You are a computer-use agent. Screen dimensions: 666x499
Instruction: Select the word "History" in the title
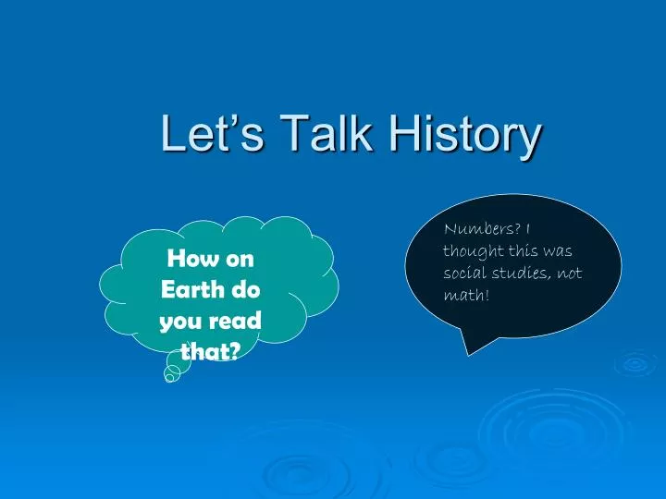click(x=465, y=136)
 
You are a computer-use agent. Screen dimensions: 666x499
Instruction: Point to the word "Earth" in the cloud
click(x=192, y=289)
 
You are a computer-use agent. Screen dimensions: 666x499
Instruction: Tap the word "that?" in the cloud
click(x=211, y=351)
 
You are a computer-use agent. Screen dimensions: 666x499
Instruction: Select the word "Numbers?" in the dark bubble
click(x=482, y=229)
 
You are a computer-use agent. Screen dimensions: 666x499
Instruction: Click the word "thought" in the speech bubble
click(x=475, y=250)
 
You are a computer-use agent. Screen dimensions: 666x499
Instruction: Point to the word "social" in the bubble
click(x=464, y=273)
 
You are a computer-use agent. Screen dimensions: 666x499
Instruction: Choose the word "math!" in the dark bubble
click(x=466, y=295)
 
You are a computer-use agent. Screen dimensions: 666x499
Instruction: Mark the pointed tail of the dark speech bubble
click(x=468, y=355)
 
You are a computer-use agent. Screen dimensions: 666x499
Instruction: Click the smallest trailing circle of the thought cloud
click(x=169, y=378)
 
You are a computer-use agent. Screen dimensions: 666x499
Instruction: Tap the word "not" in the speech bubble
click(x=569, y=274)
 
